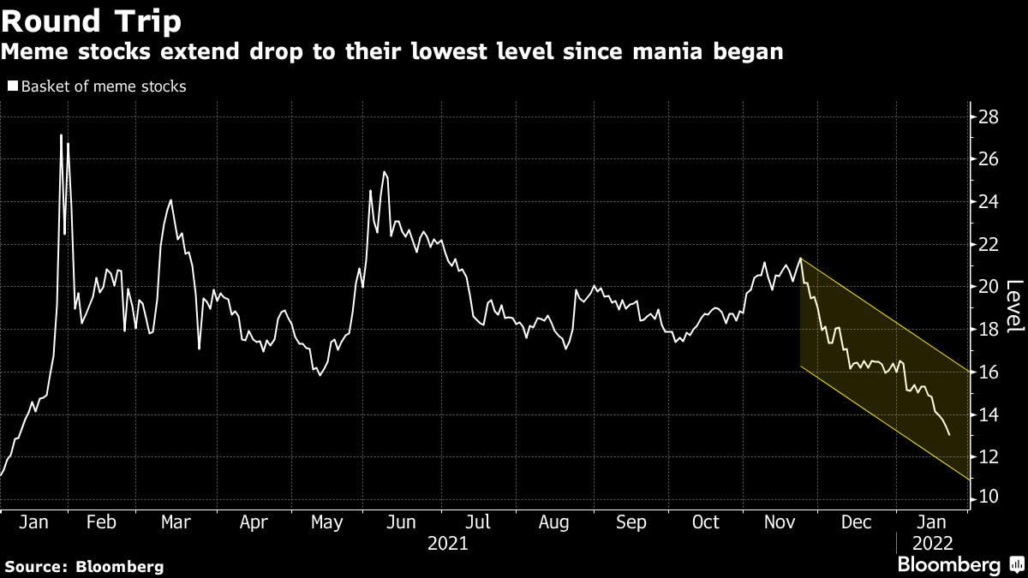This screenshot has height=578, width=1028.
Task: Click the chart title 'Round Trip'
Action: tap(91, 21)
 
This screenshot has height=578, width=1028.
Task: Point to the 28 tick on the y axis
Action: tap(989, 116)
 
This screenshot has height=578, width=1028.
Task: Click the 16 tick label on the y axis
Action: tap(989, 372)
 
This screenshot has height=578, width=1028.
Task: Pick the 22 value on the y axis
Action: tap(989, 244)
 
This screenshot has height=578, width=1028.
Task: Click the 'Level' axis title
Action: tap(1013, 307)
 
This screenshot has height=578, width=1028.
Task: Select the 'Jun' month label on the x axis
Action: tap(401, 522)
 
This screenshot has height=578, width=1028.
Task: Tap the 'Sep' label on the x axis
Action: tap(631, 522)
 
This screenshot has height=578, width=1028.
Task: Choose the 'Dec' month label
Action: tap(857, 522)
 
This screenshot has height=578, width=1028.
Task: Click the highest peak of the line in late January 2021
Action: tap(61, 135)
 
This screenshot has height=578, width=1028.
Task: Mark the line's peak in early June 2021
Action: tap(385, 172)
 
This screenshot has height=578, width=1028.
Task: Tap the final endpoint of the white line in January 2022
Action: tap(949, 435)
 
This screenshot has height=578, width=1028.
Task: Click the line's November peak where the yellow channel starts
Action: tap(800, 258)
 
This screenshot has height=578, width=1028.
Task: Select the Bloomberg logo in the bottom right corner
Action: tap(948, 565)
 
